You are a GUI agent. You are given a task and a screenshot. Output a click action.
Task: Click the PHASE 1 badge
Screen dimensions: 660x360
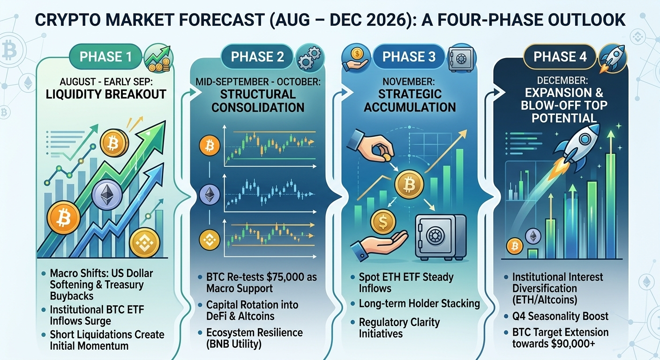[105, 57]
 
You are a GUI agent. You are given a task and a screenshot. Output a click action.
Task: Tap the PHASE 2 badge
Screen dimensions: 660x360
[257, 57]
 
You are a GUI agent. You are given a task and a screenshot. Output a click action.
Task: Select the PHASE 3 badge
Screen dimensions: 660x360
[409, 57]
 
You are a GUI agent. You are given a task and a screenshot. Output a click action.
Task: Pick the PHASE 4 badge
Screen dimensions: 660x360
[560, 57]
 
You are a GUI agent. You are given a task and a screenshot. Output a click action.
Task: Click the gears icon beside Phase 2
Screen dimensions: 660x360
[309, 58]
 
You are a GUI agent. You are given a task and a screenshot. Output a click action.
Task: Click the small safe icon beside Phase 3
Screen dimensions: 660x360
[461, 59]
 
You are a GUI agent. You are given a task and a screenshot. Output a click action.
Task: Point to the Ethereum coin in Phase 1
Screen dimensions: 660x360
[107, 195]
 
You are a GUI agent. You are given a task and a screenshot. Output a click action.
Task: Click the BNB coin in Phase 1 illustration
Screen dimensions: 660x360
[145, 243]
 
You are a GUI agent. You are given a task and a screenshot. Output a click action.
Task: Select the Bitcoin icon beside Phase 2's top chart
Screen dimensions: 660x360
[210, 145]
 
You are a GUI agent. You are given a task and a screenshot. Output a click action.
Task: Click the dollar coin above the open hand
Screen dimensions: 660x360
[383, 222]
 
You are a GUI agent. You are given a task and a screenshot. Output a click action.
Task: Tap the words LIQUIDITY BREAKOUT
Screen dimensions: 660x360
[106, 94]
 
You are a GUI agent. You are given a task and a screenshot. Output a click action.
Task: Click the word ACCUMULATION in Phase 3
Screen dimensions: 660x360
[410, 107]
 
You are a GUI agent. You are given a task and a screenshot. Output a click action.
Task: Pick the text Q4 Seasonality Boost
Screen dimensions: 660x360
[560, 316]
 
